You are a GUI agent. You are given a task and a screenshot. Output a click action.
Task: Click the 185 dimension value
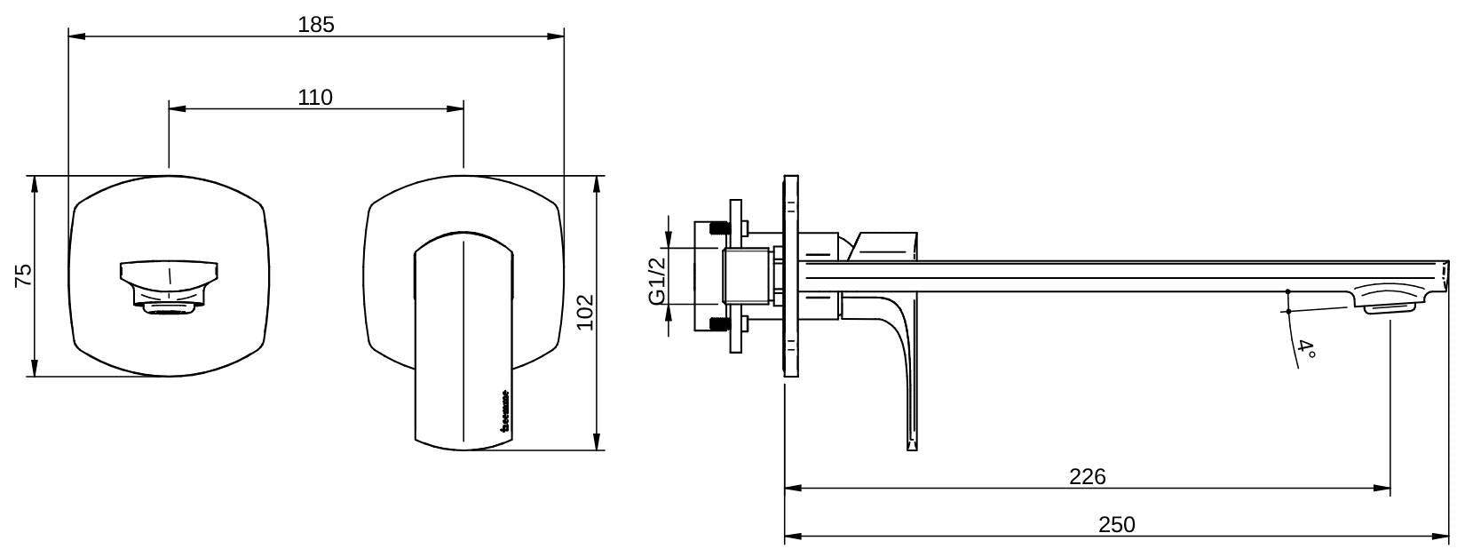click(x=316, y=25)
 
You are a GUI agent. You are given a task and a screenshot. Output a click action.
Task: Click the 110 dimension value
click(x=315, y=97)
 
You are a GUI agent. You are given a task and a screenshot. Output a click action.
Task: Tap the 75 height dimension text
click(x=24, y=275)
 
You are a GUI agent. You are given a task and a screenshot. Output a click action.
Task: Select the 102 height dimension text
click(x=585, y=312)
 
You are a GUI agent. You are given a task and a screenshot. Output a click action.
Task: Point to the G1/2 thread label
click(x=656, y=281)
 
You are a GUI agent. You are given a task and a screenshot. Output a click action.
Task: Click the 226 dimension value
click(x=1087, y=476)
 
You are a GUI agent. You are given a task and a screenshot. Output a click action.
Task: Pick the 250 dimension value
click(x=1116, y=524)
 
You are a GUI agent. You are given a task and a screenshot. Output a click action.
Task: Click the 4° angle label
click(x=1306, y=348)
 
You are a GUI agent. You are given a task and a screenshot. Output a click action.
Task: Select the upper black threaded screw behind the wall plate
click(x=720, y=228)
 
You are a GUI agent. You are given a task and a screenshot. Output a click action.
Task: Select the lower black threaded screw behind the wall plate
click(x=720, y=324)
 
